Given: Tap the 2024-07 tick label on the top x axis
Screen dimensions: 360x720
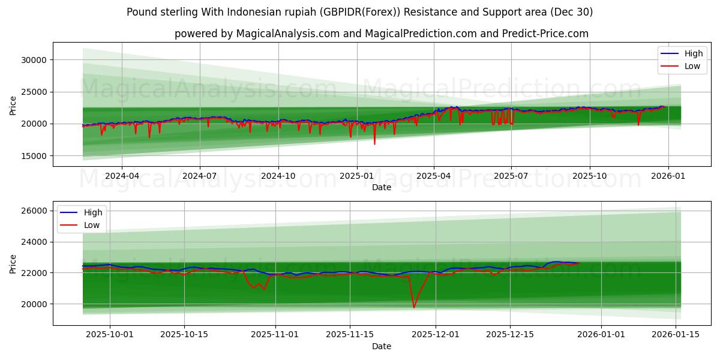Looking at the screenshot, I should point(199,176).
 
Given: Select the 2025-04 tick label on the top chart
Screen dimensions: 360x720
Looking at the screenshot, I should point(434,176).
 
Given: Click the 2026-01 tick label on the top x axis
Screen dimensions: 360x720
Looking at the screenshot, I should point(668,176).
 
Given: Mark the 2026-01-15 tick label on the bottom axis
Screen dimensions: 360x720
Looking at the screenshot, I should point(676,335).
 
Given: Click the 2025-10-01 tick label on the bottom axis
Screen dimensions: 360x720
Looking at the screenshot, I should point(109,335).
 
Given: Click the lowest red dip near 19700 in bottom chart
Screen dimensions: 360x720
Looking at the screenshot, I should point(414,308).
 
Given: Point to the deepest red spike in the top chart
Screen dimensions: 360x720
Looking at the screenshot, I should point(374,144).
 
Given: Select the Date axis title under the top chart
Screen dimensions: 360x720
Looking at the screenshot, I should point(382,187).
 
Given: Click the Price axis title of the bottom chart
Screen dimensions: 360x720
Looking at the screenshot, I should point(13,263).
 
